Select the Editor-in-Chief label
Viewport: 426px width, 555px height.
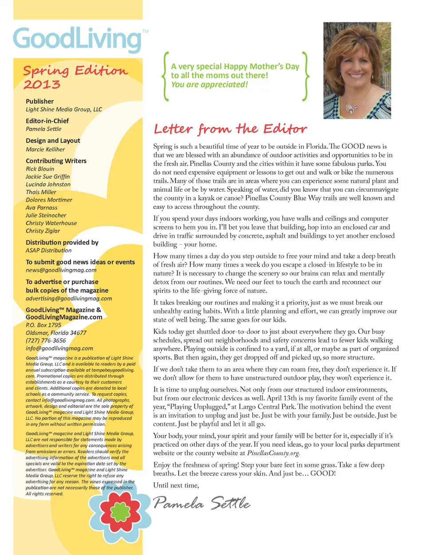tap(47, 121)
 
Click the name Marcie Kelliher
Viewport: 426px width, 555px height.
tap(45, 150)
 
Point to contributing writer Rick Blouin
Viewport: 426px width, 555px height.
tap(40, 169)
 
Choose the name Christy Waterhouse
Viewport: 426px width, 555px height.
tap(51, 223)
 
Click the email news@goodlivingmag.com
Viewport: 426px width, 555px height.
tap(61, 270)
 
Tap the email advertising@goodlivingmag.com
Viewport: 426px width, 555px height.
tap(69, 299)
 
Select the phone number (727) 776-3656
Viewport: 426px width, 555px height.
tap(46, 341)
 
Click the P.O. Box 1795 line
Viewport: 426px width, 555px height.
tap(43, 325)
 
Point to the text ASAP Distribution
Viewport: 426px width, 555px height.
tap(48, 251)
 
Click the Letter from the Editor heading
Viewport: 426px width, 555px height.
tap(230, 129)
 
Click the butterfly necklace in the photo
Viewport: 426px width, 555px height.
tap(352, 108)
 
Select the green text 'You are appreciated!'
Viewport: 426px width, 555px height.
tap(209, 85)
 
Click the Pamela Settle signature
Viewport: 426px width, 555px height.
tap(201, 504)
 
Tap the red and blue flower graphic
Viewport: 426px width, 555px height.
tap(120, 512)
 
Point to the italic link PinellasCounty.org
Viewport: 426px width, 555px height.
tap(273, 453)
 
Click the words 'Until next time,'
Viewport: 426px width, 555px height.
tap(176, 485)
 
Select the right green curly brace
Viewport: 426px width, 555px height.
tap(305, 76)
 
